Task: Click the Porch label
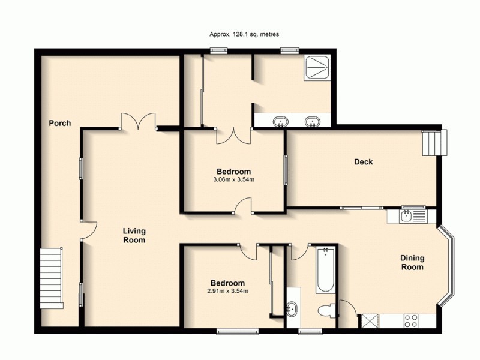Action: (60, 124)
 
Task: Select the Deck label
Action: (363, 162)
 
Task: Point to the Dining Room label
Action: (412, 263)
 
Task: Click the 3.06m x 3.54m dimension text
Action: (232, 179)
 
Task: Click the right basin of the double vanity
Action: (311, 122)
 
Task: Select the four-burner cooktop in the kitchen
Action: (411, 321)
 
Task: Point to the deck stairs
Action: (433, 143)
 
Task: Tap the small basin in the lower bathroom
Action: (293, 310)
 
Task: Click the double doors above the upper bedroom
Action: (233, 135)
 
